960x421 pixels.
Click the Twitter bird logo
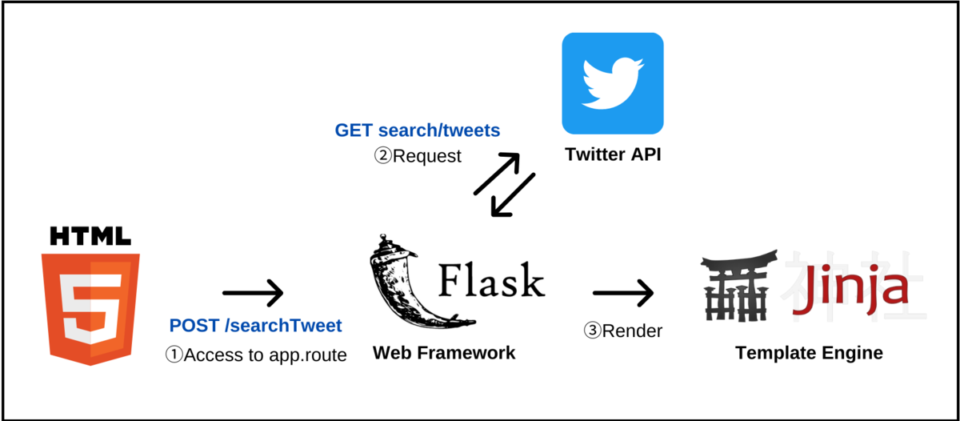(613, 83)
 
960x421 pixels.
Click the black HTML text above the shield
(90, 235)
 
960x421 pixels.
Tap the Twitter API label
(613, 154)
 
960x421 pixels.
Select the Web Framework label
(444, 353)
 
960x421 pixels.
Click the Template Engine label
(809, 353)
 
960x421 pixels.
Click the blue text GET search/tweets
(417, 130)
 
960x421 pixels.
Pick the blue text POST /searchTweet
(255, 326)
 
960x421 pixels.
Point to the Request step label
(418, 156)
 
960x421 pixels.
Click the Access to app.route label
(256, 355)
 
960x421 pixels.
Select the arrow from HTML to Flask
(253, 293)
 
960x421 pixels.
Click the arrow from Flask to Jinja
(622, 293)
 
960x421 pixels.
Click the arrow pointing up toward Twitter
(496, 174)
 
